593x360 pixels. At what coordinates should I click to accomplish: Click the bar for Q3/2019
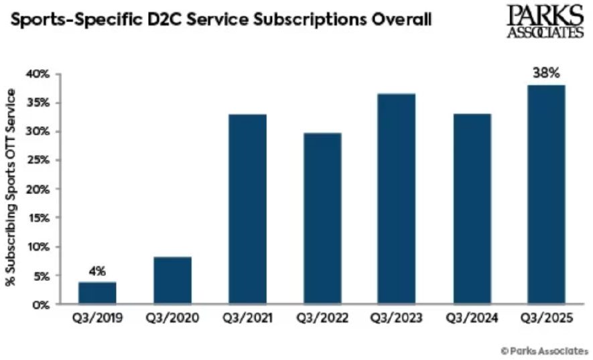click(x=98, y=293)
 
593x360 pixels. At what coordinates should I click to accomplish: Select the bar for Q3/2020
click(x=172, y=281)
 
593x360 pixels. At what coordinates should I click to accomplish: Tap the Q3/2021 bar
click(x=247, y=209)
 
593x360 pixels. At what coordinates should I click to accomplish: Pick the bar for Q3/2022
click(x=322, y=219)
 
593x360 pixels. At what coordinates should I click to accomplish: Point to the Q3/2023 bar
click(x=396, y=199)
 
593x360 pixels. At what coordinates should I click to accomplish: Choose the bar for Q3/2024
click(x=471, y=209)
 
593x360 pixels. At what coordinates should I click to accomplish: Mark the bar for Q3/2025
click(x=545, y=194)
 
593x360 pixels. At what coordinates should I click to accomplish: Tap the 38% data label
click(x=546, y=73)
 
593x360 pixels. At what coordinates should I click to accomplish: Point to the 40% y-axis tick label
click(x=39, y=74)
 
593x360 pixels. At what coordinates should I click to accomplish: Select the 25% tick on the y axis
click(x=39, y=160)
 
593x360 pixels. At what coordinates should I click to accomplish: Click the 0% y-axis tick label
click(x=42, y=304)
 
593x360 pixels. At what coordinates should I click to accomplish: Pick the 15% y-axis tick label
click(x=39, y=218)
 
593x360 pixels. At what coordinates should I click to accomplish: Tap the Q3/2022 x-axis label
click(x=322, y=320)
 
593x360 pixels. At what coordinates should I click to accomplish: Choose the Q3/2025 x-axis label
click(x=545, y=320)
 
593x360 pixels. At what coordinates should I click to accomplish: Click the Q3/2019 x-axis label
click(x=98, y=320)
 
